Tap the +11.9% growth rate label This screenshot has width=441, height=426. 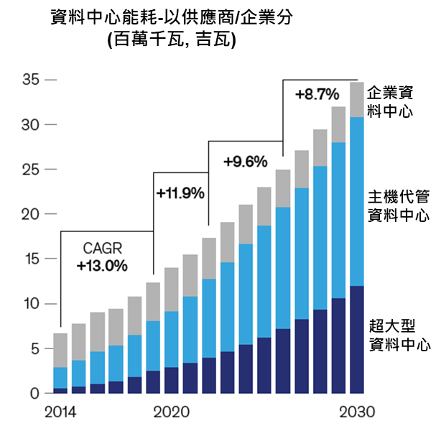[x=180, y=193]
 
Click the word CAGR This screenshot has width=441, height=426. [x=102, y=249]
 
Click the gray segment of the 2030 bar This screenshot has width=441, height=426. [x=357, y=100]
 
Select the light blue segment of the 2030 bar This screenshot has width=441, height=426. [x=357, y=201]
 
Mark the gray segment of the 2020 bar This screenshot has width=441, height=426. [x=172, y=289]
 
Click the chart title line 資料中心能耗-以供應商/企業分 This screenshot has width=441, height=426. [x=172, y=17]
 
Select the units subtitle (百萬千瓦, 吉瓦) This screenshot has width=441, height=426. [x=172, y=40]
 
